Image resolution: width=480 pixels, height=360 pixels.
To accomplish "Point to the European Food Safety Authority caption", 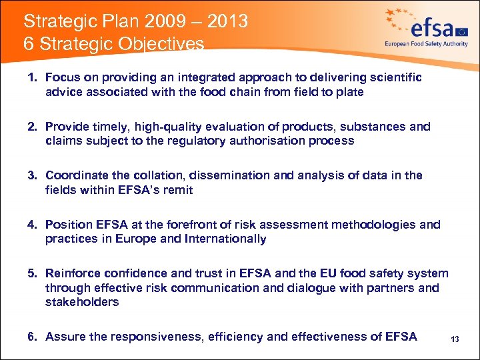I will click(x=426, y=44).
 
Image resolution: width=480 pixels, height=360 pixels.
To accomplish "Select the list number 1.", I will click(x=31, y=78).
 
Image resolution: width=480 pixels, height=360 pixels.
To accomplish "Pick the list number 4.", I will click(x=31, y=225).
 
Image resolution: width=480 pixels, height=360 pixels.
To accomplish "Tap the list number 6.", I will click(x=31, y=337).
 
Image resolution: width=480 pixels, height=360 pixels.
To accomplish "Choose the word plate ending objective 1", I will click(x=350, y=92).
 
